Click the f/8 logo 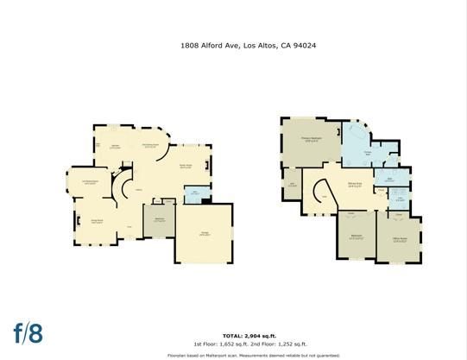[26, 332]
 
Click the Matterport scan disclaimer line [233, 354]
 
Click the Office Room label [399, 238]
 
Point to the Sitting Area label [354, 184]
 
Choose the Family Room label [185, 167]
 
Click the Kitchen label [113, 148]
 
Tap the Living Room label [97, 221]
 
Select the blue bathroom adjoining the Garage [195, 193]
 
